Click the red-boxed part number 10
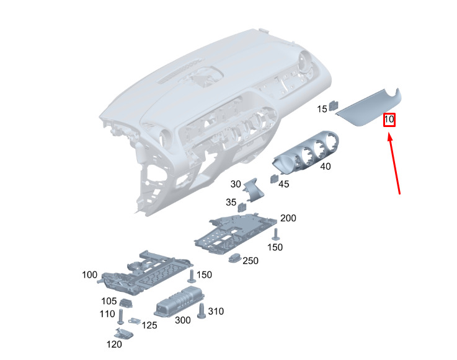[x=389, y=120]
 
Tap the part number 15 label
[x=322, y=109]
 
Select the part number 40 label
[x=326, y=167]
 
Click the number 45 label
[x=283, y=184]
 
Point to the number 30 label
[x=236, y=184]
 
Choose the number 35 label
[x=231, y=202]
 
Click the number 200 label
[x=288, y=218]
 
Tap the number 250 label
[x=251, y=261]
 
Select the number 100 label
[x=89, y=274]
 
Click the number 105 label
[x=109, y=301]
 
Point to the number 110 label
[x=107, y=314]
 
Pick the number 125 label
[x=149, y=325]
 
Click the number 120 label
[x=114, y=345]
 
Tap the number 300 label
[x=183, y=320]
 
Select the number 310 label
[x=216, y=311]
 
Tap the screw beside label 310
[x=201, y=311]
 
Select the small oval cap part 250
[x=235, y=258]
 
